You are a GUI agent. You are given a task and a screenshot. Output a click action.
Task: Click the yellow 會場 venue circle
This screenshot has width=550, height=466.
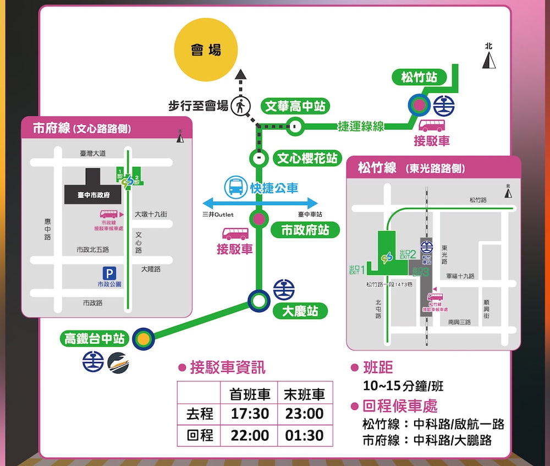206,50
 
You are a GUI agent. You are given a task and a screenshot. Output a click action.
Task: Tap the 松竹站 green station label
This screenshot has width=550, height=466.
419,78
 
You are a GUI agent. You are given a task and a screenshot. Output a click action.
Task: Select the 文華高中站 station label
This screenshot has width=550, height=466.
295,106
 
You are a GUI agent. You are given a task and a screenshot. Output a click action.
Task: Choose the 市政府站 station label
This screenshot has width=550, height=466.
305,230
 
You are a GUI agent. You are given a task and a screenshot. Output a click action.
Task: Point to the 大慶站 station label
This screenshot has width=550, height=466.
300,311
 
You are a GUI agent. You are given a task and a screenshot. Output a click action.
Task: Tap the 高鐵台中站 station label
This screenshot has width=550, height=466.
95,339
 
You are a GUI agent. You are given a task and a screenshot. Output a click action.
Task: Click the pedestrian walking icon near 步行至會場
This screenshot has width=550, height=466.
240,105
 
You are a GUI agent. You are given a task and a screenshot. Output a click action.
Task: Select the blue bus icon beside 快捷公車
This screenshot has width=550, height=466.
235,187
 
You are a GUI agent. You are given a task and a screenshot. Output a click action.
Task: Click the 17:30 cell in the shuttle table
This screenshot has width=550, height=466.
249,414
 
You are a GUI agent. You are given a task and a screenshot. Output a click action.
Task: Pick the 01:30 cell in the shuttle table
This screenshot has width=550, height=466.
305,436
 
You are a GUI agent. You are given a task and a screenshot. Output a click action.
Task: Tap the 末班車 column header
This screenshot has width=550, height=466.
305,394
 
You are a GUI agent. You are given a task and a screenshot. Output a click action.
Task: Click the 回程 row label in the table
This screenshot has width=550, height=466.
200,436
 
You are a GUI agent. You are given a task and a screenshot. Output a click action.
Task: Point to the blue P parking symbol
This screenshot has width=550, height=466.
109,273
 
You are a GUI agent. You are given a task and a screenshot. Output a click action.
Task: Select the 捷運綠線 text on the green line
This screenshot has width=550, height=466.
361,127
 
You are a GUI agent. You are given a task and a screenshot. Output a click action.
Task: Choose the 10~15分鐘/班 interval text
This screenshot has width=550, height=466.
403,386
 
